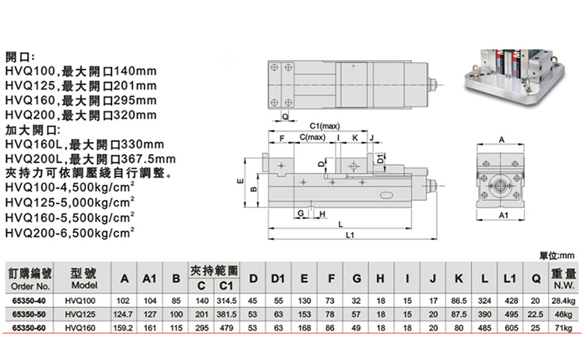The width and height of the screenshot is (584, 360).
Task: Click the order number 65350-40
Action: [29, 301]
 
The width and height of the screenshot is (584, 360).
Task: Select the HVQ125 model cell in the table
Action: [80, 314]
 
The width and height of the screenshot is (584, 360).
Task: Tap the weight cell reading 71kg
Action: [563, 328]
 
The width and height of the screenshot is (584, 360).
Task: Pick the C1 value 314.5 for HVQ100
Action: [226, 301]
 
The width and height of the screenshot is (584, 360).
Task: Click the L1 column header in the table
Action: [510, 278]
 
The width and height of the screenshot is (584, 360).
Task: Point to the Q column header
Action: [536, 278]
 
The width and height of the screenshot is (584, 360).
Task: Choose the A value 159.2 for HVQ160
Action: [123, 328]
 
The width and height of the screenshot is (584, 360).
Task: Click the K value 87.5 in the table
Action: [459, 314]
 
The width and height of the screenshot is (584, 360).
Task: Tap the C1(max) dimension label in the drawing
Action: [325, 126]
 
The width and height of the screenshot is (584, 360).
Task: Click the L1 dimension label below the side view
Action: [350, 235]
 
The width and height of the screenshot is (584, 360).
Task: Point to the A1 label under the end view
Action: [503, 215]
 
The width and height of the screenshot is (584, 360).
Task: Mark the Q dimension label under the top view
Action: [285, 117]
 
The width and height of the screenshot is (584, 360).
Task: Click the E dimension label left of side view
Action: [241, 182]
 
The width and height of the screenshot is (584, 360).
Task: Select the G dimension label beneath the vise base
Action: [301, 214]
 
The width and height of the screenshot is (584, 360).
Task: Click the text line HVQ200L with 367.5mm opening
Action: [90, 159]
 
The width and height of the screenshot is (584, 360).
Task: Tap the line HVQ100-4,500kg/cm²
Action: [70, 188]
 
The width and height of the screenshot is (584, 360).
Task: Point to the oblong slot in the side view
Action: [387, 196]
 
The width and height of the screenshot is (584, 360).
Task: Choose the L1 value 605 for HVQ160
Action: [511, 328]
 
